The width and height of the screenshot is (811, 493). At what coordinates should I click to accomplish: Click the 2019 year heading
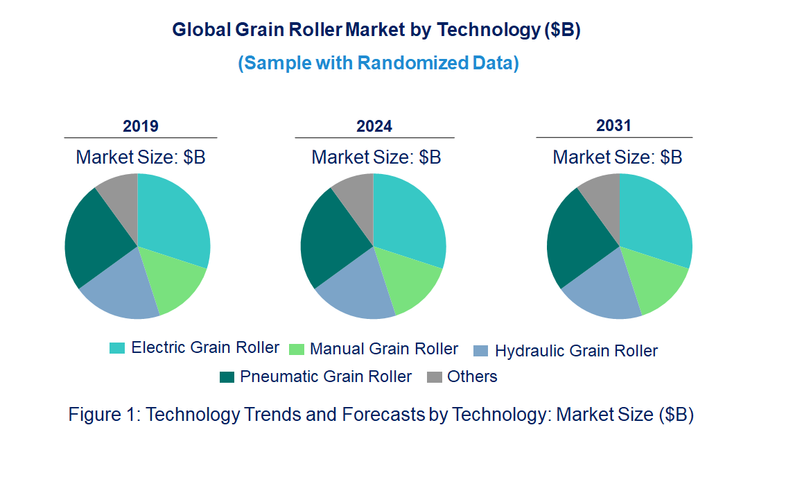(141, 126)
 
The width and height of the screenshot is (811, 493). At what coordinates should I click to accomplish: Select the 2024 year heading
(374, 126)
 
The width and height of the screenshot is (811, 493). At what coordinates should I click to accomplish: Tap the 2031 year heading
(614, 126)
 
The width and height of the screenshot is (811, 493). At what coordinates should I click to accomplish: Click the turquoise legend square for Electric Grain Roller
(117, 348)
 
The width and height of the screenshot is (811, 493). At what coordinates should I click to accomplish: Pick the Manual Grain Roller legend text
(384, 349)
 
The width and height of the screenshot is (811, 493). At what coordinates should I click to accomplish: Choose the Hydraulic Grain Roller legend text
(576, 351)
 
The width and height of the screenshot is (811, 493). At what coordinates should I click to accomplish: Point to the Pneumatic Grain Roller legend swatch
(227, 377)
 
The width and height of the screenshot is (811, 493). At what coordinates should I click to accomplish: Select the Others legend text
(472, 377)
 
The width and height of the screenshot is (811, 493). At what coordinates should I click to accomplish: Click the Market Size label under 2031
(617, 157)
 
